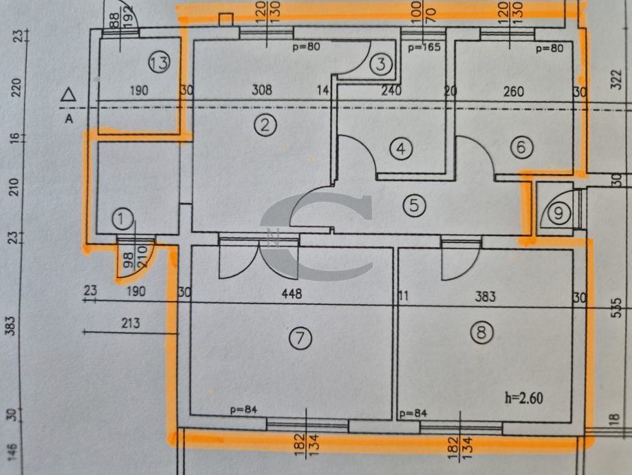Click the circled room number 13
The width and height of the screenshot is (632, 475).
[x=159, y=63]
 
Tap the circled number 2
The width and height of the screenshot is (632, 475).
[x=264, y=125]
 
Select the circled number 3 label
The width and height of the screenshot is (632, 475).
[x=381, y=65]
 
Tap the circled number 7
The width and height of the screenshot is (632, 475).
[x=301, y=338]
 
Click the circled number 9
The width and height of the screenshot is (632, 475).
[x=558, y=213]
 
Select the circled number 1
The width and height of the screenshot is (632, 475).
[x=122, y=220]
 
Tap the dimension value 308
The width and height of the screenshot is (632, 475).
[x=262, y=90]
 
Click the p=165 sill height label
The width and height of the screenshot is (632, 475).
[x=424, y=47]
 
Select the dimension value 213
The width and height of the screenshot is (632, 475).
[x=130, y=323]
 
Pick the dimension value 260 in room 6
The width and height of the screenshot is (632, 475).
[x=514, y=91]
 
